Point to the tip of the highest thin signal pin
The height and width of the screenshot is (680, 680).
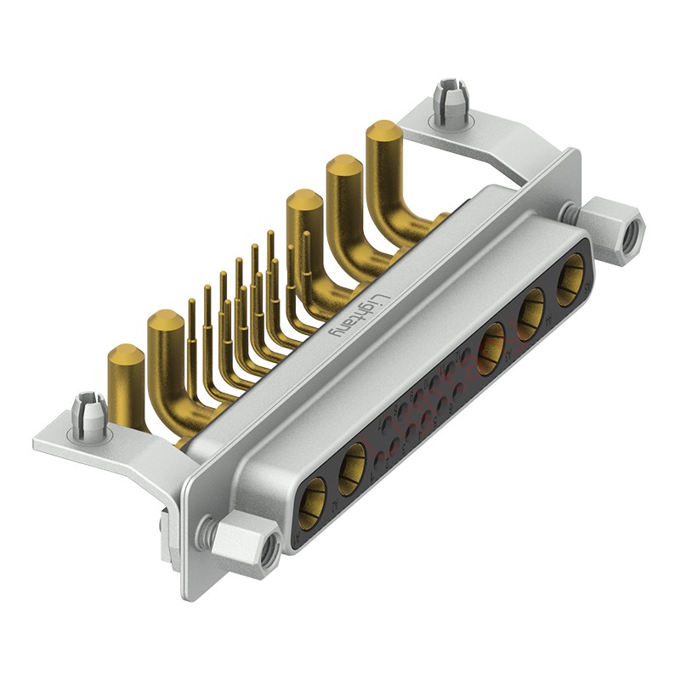[x=270, y=233]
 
